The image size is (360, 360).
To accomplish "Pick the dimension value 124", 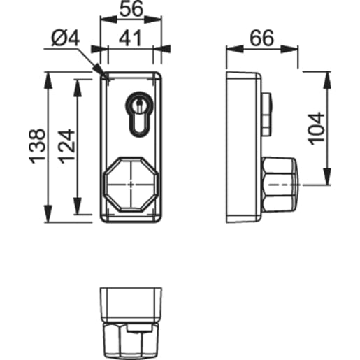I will pos(66,147).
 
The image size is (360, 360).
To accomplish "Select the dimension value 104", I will pos(316,128).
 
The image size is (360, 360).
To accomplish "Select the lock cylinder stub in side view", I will pos(267,113).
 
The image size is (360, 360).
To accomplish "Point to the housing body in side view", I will pos(245,147).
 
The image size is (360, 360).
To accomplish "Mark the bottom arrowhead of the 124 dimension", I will pos(78,211).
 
